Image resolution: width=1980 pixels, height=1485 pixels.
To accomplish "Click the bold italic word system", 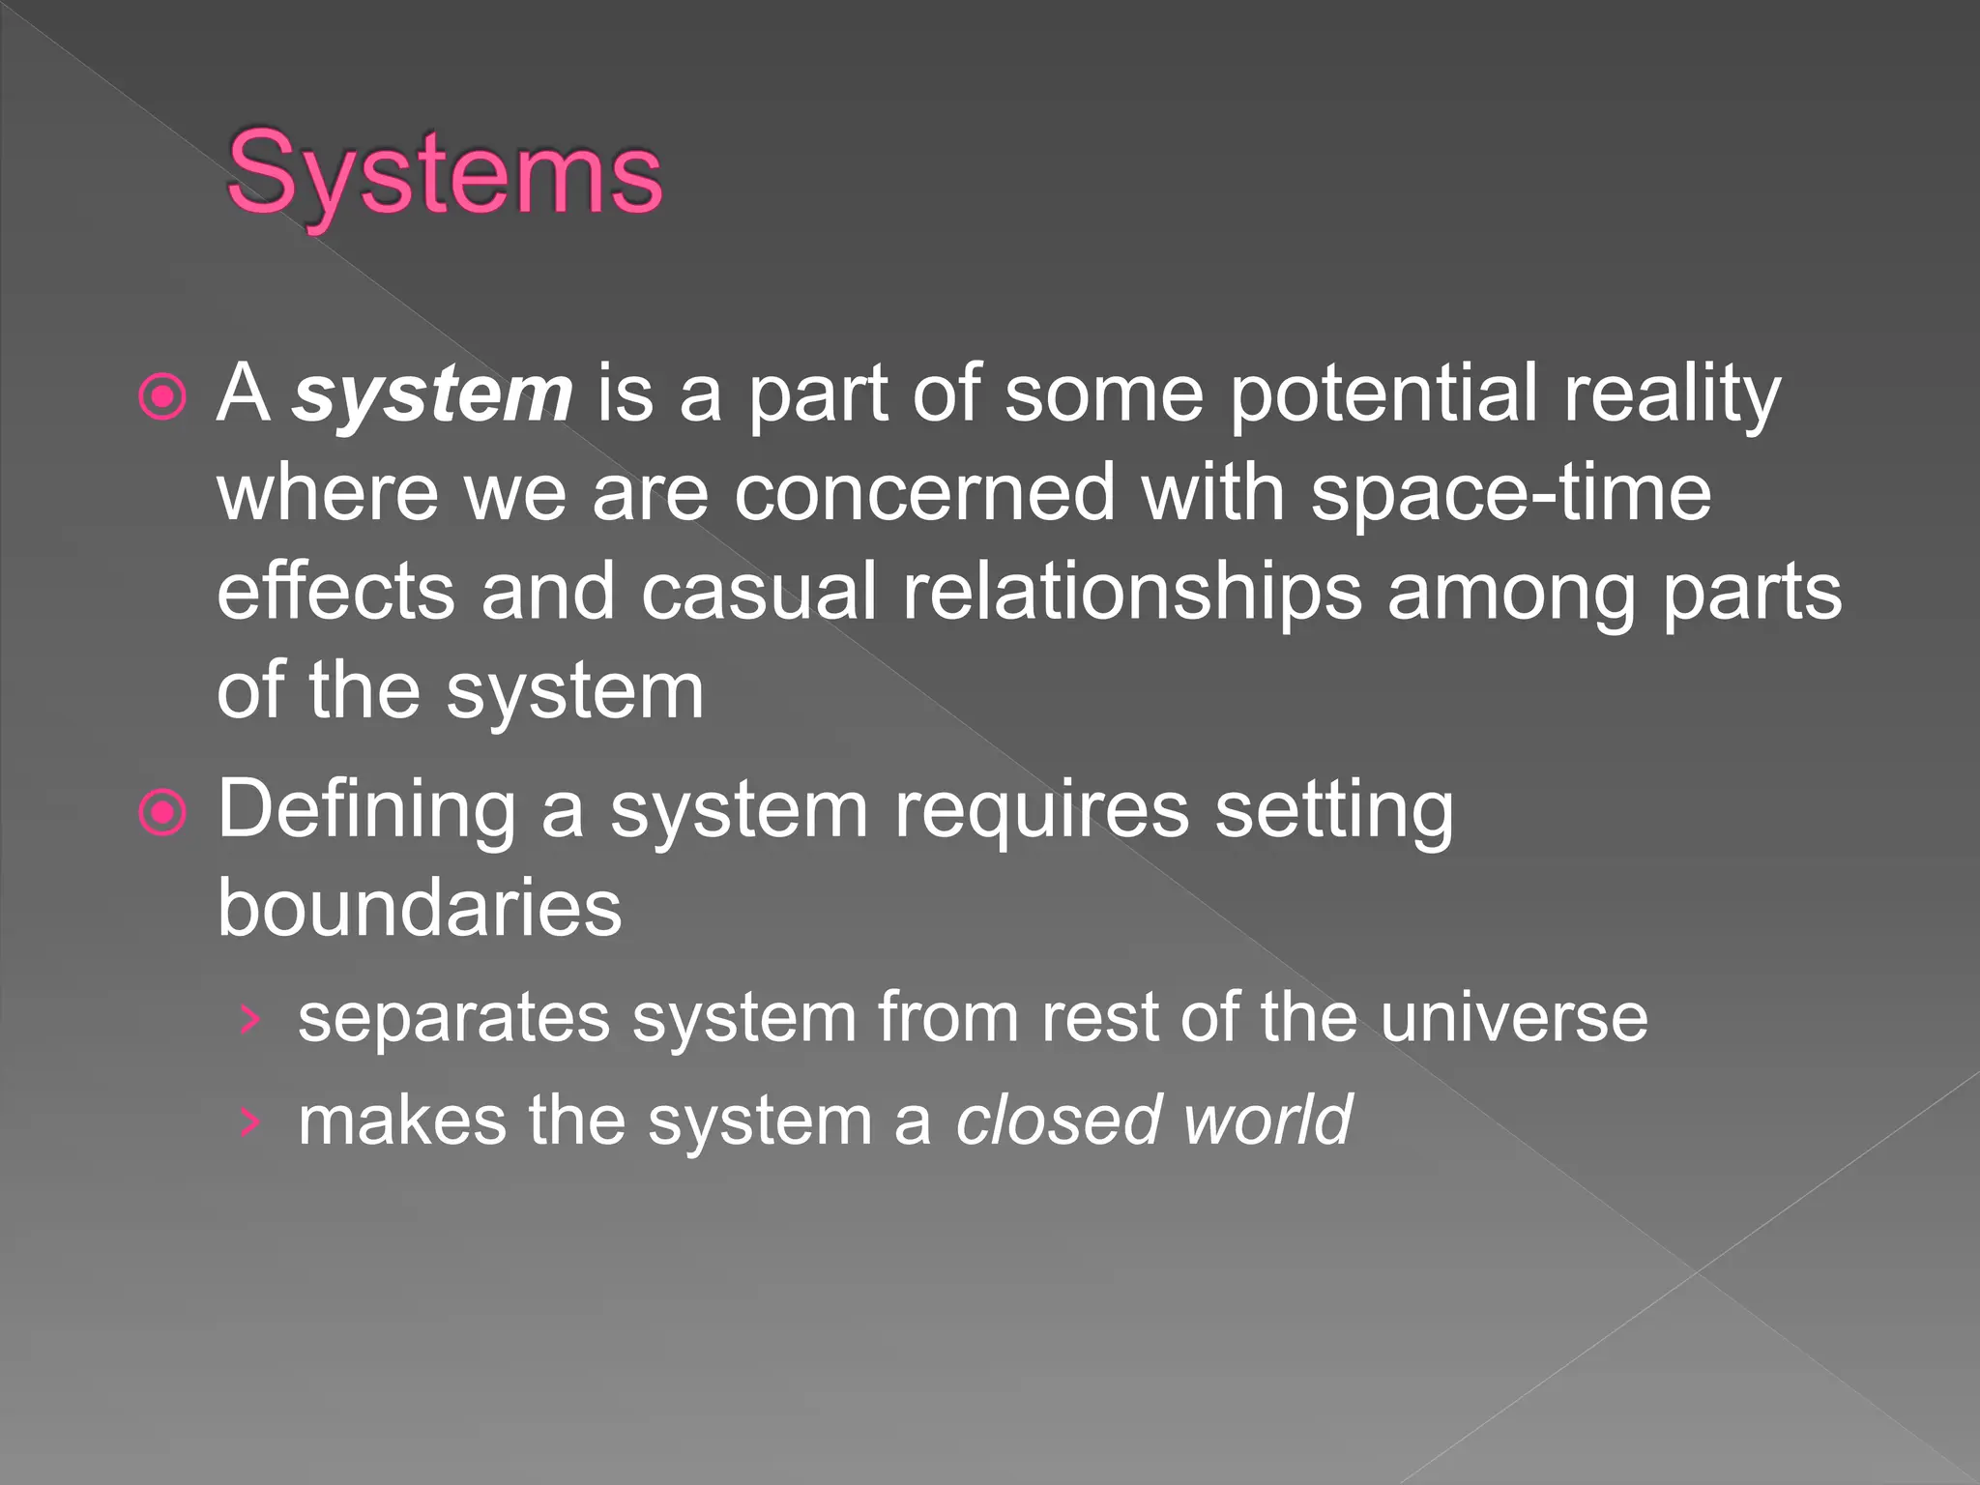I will click(x=433, y=394).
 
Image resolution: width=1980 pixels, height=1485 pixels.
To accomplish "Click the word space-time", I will click(x=1510, y=493).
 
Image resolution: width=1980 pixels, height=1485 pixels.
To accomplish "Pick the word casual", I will click(x=758, y=592).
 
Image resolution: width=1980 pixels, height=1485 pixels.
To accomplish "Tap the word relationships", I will click(x=1132, y=592).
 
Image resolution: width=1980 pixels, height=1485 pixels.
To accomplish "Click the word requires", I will click(x=1041, y=810).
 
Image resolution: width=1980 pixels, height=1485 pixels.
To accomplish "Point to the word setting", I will click(x=1333, y=810).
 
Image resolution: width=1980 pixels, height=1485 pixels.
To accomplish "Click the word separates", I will click(x=453, y=1018).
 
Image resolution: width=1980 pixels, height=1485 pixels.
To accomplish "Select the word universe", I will click(x=1513, y=1018).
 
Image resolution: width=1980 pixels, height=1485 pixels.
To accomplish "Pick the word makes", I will click(x=402, y=1121).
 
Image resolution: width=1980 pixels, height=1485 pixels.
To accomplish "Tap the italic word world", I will click(x=1267, y=1121).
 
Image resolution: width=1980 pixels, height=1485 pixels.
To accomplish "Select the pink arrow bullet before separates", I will click(x=250, y=1020).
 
